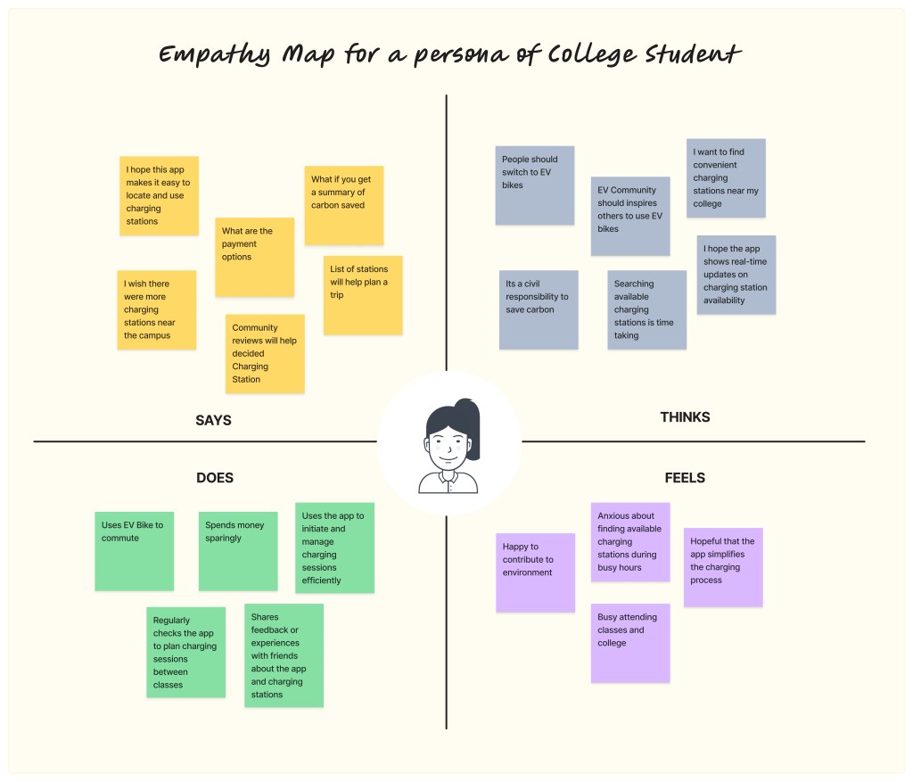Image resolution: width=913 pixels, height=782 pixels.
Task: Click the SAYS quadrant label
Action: (213, 420)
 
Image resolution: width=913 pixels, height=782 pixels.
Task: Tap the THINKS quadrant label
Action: (685, 416)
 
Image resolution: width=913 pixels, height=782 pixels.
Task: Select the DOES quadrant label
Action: (215, 478)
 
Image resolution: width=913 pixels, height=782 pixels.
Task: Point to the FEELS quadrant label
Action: (685, 478)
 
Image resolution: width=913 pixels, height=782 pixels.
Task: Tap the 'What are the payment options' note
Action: (254, 257)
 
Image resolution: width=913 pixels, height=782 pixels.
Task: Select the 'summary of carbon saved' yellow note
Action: (343, 205)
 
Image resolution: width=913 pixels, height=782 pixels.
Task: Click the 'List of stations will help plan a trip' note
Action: (362, 295)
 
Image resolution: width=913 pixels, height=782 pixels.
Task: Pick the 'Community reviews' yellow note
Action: (265, 353)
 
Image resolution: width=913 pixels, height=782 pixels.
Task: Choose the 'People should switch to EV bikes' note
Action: (534, 185)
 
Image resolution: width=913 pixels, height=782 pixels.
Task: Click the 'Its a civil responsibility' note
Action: (539, 309)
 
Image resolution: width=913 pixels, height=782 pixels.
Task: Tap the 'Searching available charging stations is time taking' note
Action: (646, 309)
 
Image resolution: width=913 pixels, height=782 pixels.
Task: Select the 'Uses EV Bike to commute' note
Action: (134, 550)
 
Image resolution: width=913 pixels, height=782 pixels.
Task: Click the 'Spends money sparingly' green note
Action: (238, 550)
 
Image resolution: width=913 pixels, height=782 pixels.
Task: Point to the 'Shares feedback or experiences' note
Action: (284, 655)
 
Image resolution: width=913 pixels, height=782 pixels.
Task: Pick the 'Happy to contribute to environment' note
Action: (535, 572)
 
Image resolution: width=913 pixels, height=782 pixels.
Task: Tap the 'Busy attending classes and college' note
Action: (629, 643)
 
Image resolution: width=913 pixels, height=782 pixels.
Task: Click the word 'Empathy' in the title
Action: (214, 55)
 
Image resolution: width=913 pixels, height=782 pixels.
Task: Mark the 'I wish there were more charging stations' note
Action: (157, 309)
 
